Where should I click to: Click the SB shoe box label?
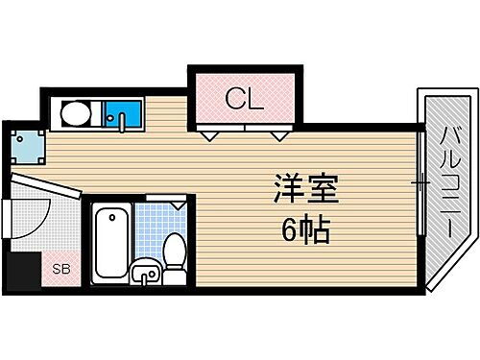(60, 269)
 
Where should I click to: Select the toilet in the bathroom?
(175, 253)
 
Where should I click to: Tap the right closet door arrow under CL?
(278, 135)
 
